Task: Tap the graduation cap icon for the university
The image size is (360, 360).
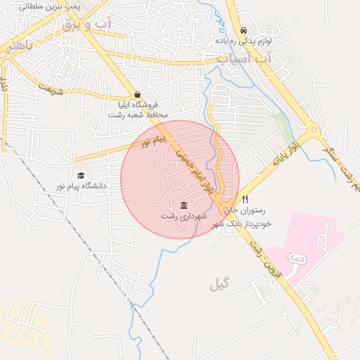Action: tap(81, 175)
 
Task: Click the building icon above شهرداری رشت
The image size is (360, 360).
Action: tap(184, 205)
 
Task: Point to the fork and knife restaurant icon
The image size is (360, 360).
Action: tap(245, 199)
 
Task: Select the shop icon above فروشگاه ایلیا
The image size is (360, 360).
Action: tap(137, 94)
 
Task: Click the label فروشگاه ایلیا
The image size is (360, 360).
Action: tap(139, 105)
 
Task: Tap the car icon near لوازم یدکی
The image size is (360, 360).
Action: tap(243, 31)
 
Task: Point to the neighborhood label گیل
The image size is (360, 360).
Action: tap(219, 285)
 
